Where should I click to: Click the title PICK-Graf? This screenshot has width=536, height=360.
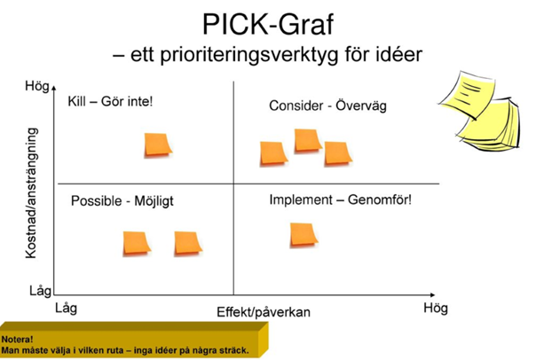268,25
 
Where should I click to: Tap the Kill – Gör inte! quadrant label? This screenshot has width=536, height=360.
110,101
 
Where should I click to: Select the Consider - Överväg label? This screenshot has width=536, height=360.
327,106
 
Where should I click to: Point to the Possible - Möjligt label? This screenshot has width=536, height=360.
122,200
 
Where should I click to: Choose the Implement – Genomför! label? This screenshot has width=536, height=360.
341,200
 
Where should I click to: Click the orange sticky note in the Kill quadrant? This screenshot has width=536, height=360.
158,145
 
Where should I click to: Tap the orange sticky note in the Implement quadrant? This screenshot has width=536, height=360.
303,234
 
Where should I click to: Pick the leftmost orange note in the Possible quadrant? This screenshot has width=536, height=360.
137,244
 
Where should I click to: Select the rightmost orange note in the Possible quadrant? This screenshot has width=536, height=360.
188,244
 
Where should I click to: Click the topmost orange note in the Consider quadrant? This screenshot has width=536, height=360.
308,140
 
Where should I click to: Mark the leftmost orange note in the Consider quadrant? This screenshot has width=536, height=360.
273,153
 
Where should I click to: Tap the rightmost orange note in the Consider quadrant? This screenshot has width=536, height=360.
338,153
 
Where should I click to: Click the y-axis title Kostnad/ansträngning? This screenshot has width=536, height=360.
31,193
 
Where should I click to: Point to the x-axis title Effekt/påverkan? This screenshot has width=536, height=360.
264,312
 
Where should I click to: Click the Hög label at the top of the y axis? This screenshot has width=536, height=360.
37,86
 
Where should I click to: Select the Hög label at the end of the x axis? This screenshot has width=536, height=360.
436,308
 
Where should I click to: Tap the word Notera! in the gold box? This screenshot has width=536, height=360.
17,340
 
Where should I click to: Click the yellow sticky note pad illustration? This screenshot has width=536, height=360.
480,111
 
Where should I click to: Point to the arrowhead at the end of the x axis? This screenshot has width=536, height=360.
433,294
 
